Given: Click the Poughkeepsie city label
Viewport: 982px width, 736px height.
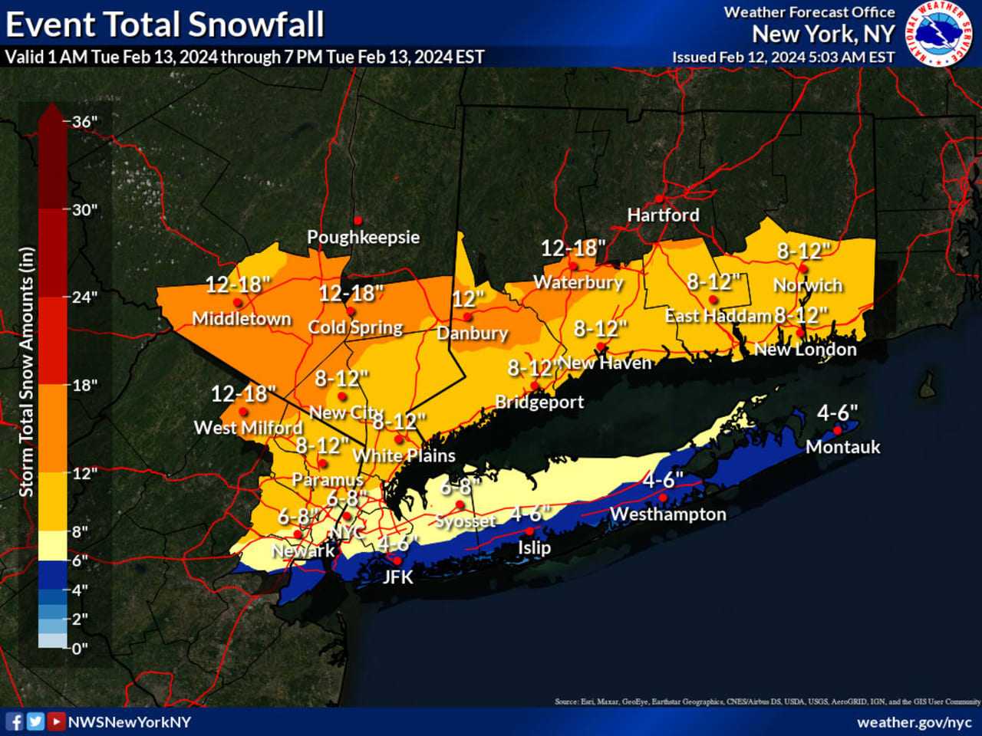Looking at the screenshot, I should coord(363,237).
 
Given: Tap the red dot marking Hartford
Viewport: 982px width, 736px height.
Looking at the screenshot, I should coord(659,199).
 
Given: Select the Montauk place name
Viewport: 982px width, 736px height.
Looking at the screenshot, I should coord(842,447).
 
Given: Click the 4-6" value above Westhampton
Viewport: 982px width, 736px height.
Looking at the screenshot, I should coord(663,480).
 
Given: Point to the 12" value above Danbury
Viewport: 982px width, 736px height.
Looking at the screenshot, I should coord(468,298).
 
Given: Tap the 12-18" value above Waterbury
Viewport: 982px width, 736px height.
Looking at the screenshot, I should coord(573,248).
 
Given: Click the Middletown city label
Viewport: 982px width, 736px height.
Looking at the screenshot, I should coord(242,318).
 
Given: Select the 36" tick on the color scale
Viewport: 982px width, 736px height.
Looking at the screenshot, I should coord(84,122).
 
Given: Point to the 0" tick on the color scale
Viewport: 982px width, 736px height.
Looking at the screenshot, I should coord(81,649).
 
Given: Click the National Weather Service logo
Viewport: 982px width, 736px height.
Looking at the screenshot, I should coord(939,34).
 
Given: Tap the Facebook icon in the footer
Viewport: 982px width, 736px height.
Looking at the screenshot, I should coord(15,721).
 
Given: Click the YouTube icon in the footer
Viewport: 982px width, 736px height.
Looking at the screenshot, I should coord(55,721).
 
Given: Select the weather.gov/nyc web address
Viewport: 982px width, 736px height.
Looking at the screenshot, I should coord(914,722).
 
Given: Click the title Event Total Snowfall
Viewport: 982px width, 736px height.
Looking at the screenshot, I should coord(165,25).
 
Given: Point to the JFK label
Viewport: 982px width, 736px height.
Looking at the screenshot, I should coord(397,577).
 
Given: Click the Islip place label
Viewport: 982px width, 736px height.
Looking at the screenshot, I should coord(533,547).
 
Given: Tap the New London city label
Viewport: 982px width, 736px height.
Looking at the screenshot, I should coord(805,350).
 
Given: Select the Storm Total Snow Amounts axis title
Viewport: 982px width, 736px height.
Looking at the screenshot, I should coord(27,372).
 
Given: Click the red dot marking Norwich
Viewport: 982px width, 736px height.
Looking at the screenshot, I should coord(802,268).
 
